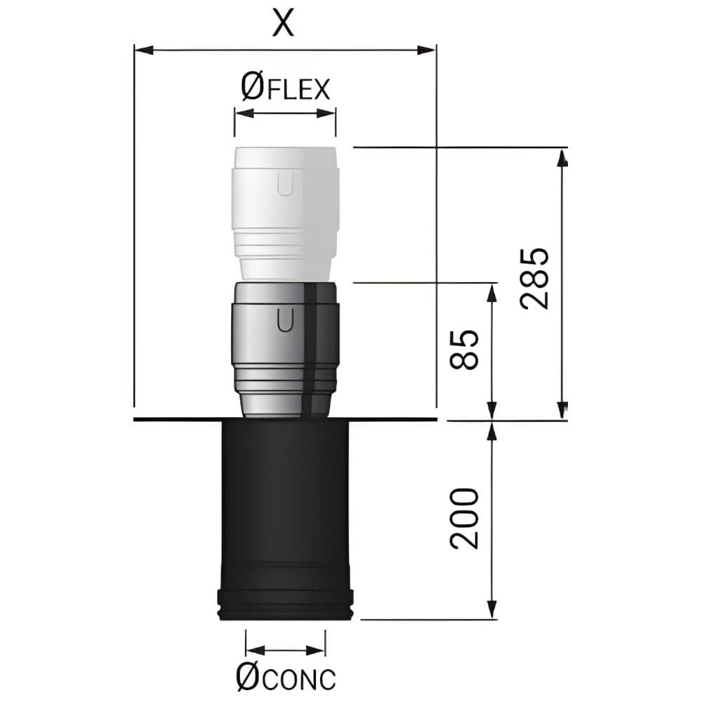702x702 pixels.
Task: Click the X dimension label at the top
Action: click(x=284, y=23)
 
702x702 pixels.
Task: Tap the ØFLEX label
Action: click(x=285, y=88)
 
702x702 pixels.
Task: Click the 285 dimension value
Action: click(x=534, y=278)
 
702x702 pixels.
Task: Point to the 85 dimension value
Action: click(x=464, y=350)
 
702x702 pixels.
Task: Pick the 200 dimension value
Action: click(x=464, y=519)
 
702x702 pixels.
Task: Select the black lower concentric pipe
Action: click(x=285, y=520)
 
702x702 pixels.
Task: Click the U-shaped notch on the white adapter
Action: click(x=285, y=183)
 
